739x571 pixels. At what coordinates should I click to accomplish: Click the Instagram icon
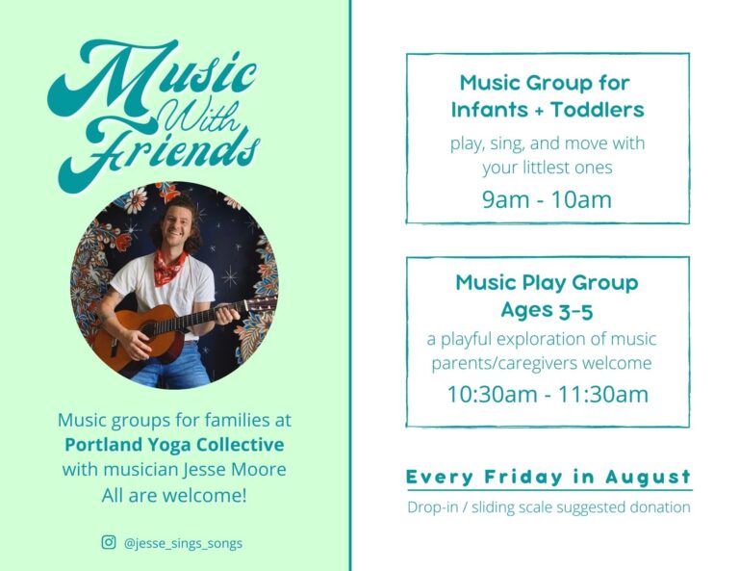tap(109, 542)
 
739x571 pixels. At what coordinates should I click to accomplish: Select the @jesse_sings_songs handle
tap(183, 543)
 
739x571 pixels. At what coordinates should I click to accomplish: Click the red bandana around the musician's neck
tap(169, 267)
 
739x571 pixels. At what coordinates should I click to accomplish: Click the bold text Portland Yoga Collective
tap(174, 445)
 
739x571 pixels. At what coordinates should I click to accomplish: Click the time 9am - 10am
tap(547, 200)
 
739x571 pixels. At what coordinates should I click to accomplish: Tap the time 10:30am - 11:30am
tap(547, 394)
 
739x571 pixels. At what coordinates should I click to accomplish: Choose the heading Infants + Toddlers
tap(547, 110)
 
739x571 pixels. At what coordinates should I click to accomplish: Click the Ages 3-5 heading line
tap(547, 310)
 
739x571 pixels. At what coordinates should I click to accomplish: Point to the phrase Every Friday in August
tap(548, 478)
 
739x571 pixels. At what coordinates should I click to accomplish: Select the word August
tap(649, 478)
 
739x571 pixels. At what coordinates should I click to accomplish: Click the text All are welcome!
tap(174, 495)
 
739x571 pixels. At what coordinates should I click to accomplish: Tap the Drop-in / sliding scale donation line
tap(548, 507)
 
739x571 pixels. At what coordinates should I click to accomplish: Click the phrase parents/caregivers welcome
tap(542, 363)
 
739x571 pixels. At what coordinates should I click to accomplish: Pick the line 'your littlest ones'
tap(547, 168)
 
